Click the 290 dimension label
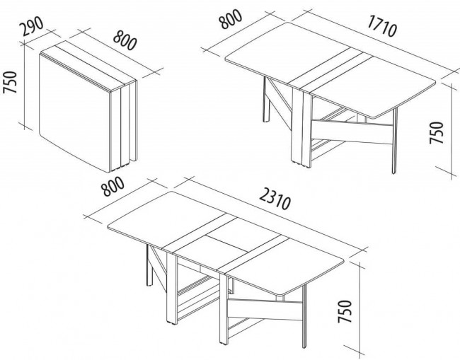31,26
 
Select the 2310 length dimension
275,199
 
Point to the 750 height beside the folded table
11,82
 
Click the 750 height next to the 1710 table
436,132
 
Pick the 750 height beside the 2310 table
345,311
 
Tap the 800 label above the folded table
125,40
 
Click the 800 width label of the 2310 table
113,186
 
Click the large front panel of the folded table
75,112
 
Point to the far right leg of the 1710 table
394,141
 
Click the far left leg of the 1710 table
266,100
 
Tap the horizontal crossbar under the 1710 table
352,132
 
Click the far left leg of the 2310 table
149,265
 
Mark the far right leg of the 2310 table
304,316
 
